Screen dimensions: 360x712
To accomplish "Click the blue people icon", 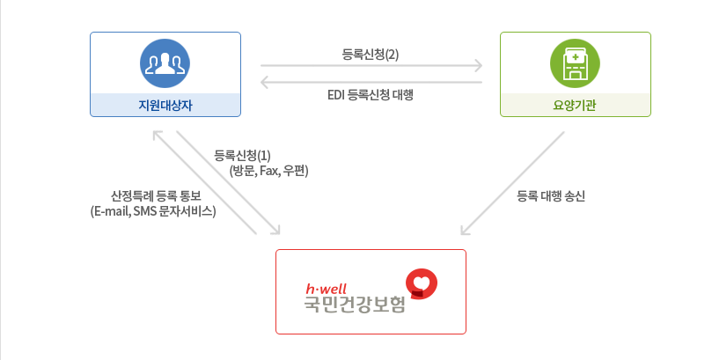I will pyautogui.click(x=165, y=62).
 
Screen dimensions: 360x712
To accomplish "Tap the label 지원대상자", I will pyautogui.click(x=165, y=106).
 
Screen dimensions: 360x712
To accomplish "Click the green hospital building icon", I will pyautogui.click(x=575, y=62).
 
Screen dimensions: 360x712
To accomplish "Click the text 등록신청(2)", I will pyautogui.click(x=371, y=54).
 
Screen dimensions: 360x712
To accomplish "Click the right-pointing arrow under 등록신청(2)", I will pyautogui.click(x=371, y=66).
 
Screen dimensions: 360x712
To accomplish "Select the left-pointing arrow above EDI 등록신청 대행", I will pyautogui.click(x=371, y=82).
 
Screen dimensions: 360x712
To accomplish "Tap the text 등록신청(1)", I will pyautogui.click(x=242, y=156).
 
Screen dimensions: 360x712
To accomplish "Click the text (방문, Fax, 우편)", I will pyautogui.click(x=268, y=171).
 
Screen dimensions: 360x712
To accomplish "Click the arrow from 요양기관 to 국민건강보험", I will pyautogui.click(x=512, y=184).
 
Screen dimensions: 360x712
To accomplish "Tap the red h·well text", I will pyautogui.click(x=326, y=289).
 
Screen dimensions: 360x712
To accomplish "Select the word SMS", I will pyautogui.click(x=146, y=211).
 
